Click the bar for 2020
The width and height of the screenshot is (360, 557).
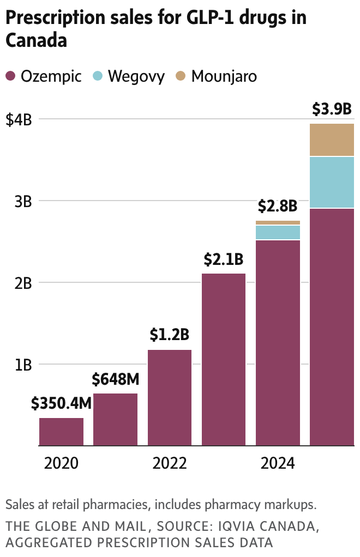61,432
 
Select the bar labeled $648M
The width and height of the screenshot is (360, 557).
115,419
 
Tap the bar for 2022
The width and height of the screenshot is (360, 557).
170,397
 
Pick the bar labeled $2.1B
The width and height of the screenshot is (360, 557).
224,359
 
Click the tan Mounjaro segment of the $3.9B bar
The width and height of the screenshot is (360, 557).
332,140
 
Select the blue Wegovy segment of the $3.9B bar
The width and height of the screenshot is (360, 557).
332,182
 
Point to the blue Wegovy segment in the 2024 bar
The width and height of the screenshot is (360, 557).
278,232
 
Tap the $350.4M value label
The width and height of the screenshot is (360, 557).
61,404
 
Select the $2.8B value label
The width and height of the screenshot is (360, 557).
278,207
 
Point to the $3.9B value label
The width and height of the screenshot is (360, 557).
332,109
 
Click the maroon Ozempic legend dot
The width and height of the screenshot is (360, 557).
11,76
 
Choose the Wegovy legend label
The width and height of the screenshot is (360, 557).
136,76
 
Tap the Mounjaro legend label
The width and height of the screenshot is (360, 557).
224,76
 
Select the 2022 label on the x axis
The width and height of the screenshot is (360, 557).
170,464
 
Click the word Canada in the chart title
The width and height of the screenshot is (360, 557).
36,40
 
